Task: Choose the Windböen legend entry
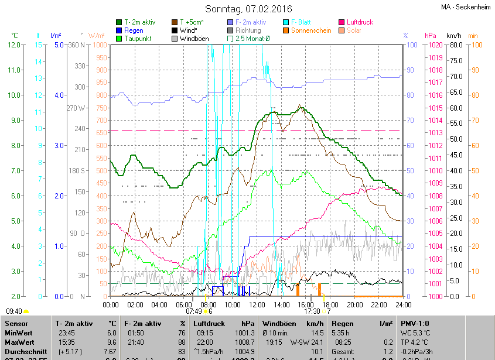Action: (194, 39)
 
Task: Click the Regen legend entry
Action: (134, 30)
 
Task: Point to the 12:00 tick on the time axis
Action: (257, 305)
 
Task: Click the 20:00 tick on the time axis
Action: (355, 305)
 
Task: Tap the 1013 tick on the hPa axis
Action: (435, 133)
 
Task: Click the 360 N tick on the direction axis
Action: (77, 45)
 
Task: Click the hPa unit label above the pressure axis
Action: (431, 36)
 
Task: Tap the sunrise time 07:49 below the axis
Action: (194, 311)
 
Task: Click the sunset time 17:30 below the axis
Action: (312, 311)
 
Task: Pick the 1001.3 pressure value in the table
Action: (243, 332)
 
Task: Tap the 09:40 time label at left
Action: (14, 311)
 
